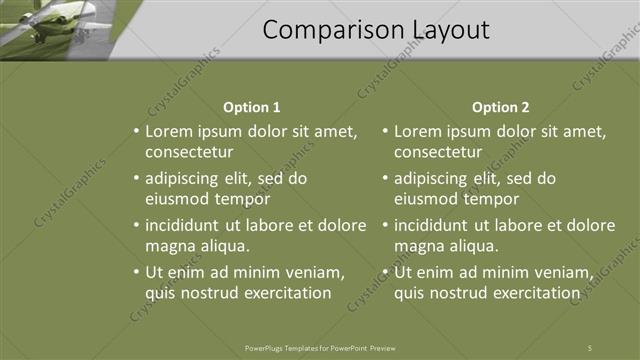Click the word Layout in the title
pos(445,31)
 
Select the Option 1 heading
pos(252,107)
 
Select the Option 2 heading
pos(501,107)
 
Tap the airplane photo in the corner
pos(55,24)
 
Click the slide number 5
pos(590,347)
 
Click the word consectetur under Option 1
pos(189,153)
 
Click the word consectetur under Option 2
pos(438,153)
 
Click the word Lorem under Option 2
pos(417,131)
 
